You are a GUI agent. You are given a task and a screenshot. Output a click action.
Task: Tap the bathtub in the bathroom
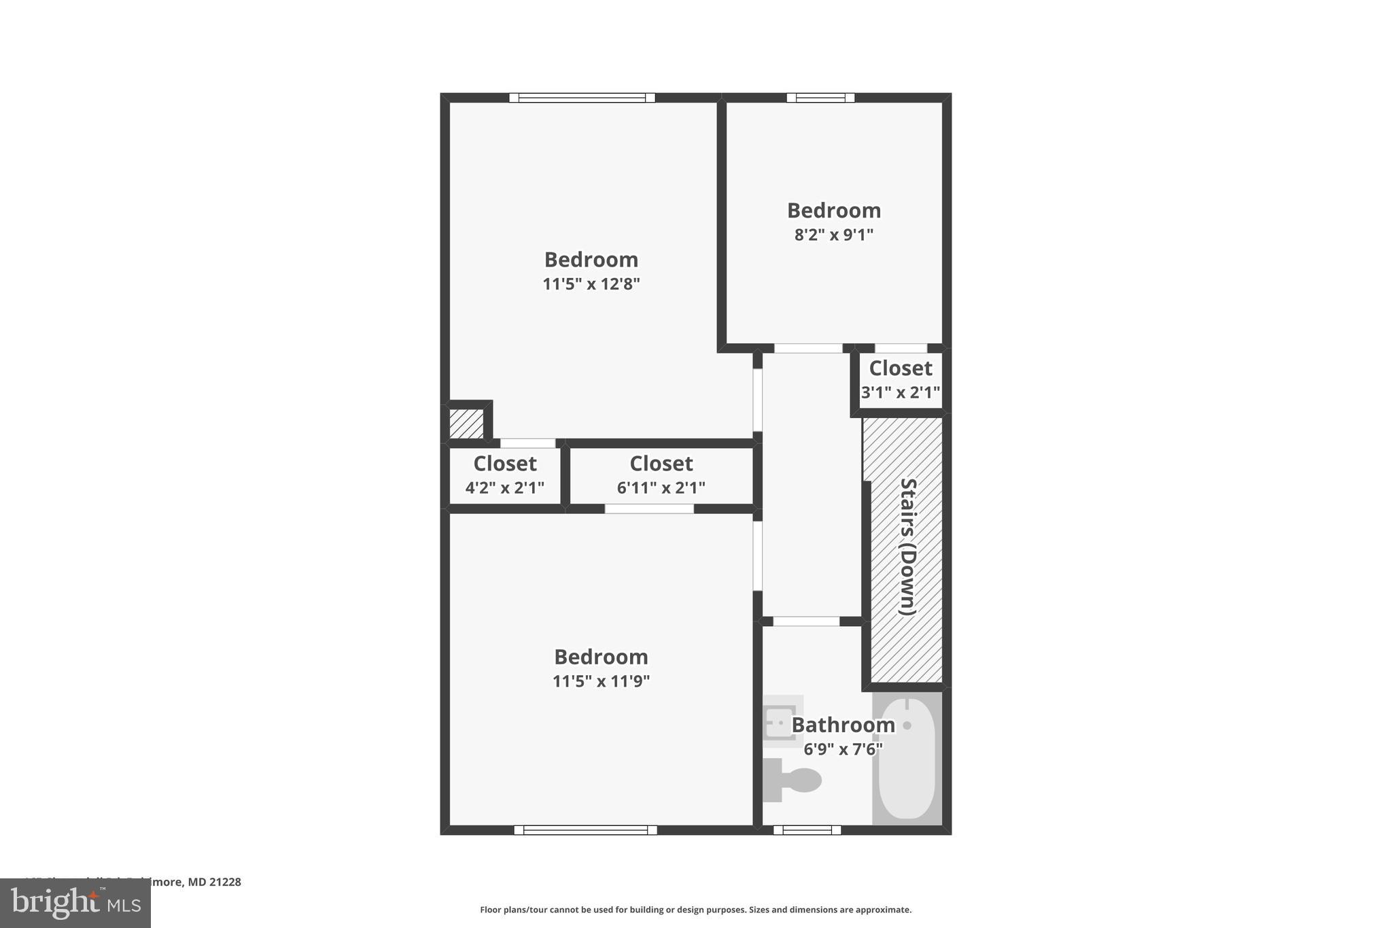pos(907,759)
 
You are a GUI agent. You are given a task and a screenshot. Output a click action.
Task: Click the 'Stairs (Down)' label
pos(908,547)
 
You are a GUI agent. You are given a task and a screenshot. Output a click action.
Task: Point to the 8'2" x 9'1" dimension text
pos(833,235)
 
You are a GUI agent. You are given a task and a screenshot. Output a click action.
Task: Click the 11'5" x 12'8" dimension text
pos(591,283)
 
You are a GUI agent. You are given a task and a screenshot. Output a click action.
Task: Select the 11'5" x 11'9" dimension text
pos(601,681)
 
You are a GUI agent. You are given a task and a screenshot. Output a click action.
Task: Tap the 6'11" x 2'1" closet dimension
pos(661,487)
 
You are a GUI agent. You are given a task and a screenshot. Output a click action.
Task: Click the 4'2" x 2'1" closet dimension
pos(504,487)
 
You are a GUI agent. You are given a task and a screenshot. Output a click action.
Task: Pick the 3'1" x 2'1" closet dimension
pos(900,392)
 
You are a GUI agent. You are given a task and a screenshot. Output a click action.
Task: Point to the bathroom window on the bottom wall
pos(807,829)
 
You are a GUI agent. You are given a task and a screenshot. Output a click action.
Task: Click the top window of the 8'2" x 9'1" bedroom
pos(820,98)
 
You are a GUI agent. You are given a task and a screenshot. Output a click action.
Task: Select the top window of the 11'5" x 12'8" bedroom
pos(582,98)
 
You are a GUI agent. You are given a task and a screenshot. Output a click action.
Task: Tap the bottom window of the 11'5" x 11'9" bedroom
pos(585,829)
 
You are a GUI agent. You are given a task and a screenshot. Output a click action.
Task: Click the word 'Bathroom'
pos(843,725)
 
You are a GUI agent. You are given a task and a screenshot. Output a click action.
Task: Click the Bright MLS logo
pos(75,903)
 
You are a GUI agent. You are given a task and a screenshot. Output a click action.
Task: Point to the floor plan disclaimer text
pos(695,910)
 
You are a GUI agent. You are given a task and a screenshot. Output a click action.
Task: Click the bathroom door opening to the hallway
pos(806,621)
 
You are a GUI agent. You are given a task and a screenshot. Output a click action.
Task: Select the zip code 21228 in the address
pos(224,882)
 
